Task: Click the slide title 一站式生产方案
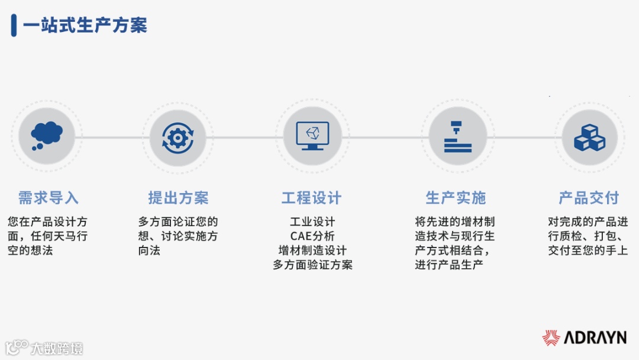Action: tap(85, 25)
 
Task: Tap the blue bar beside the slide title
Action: tap(14, 25)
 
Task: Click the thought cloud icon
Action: tap(47, 136)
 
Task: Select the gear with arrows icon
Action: tap(177, 137)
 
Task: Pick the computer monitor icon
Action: tap(312, 136)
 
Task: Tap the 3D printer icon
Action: tap(457, 136)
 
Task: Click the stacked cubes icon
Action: tap(589, 137)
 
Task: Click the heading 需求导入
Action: tap(48, 198)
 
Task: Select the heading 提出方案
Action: tap(178, 198)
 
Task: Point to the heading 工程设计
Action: tap(312, 198)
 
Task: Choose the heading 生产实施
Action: tap(456, 198)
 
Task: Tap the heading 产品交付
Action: tap(588, 198)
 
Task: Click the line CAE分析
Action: tap(312, 236)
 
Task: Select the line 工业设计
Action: tap(312, 222)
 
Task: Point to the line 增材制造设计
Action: tap(312, 250)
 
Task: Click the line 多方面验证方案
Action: tap(312, 265)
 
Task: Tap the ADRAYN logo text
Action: tap(595, 338)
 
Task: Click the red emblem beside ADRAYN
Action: tap(551, 338)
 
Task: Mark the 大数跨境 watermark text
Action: tap(57, 348)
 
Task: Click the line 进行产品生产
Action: tap(448, 265)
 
